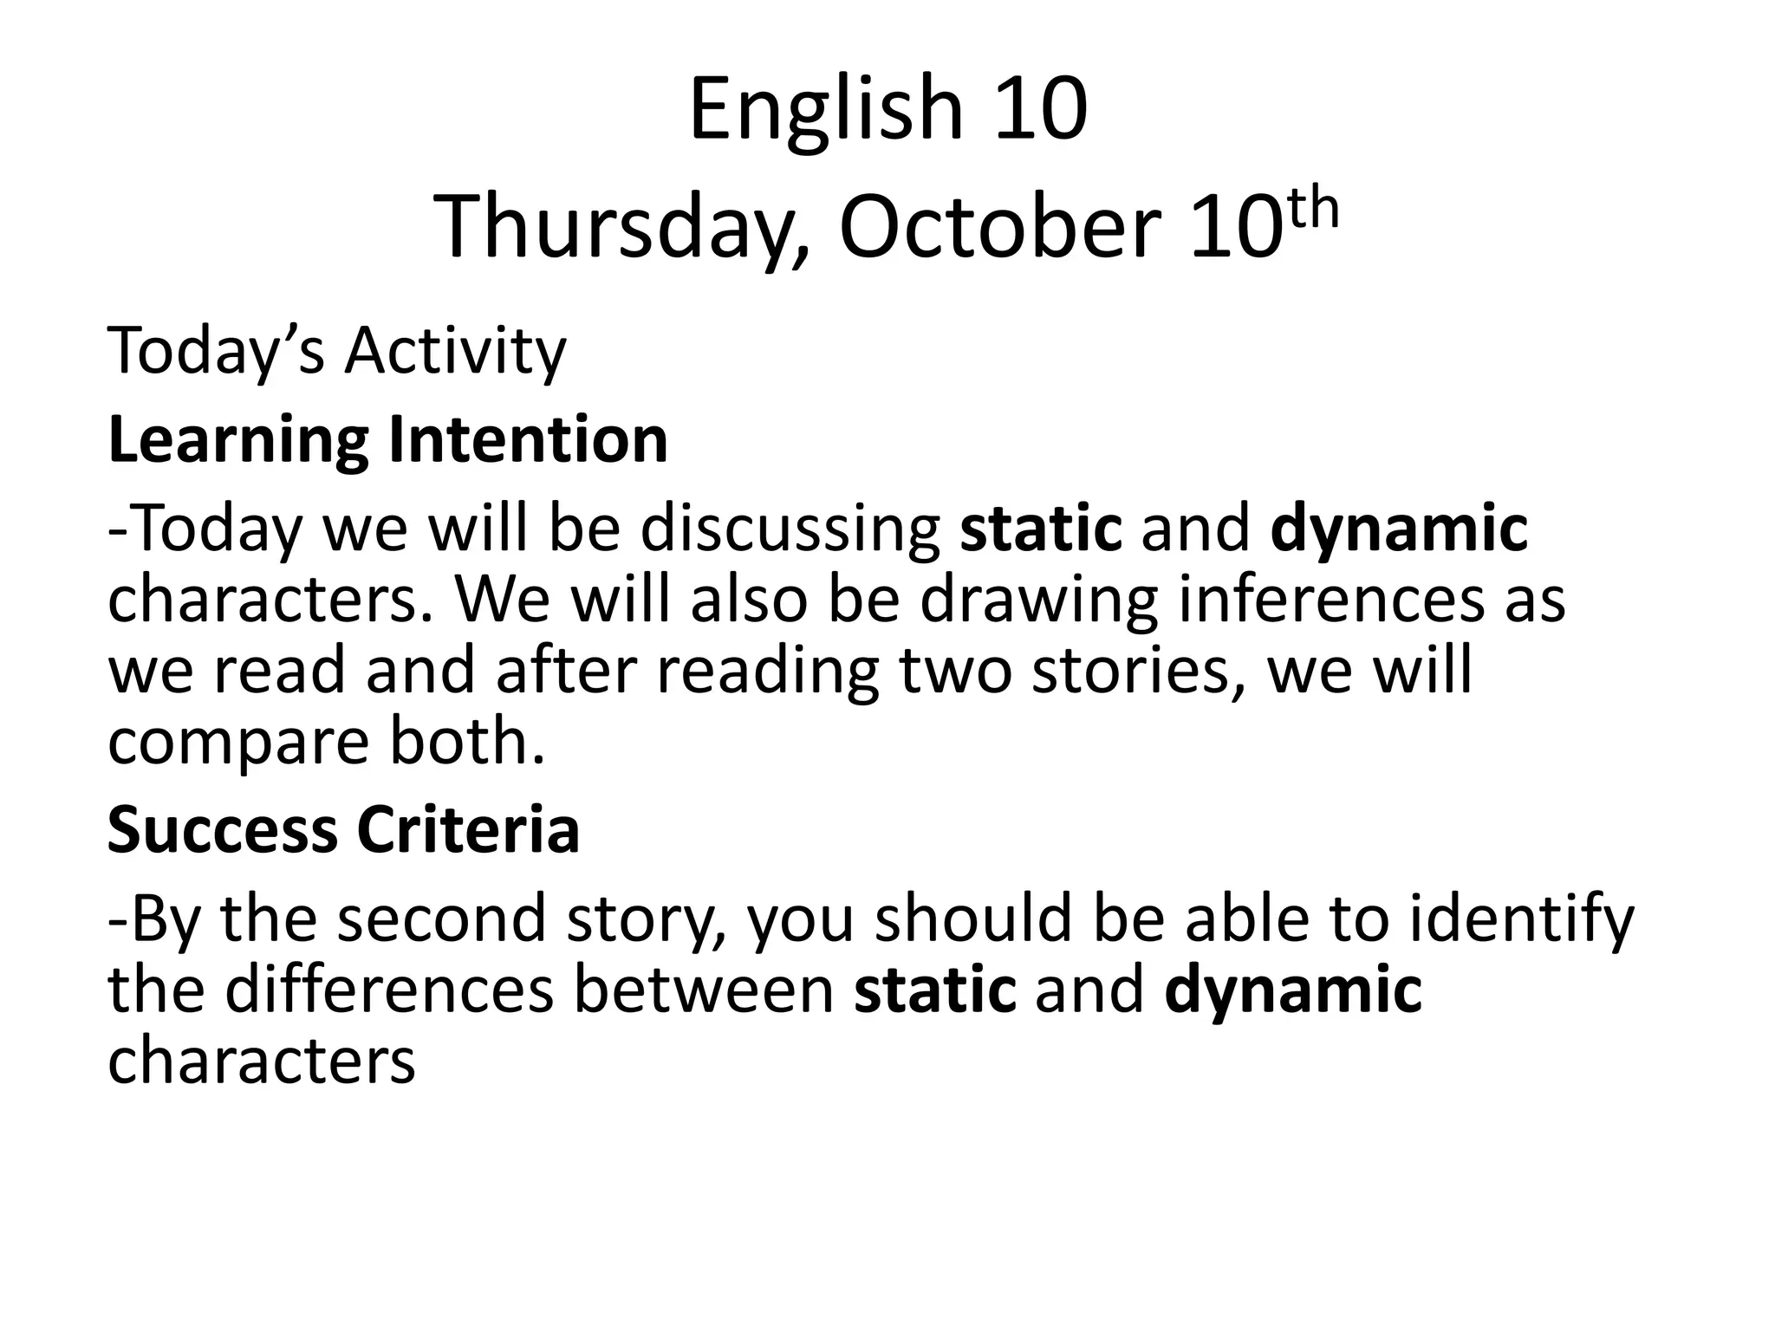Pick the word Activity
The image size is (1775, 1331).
[456, 353]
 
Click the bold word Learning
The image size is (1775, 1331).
[238, 442]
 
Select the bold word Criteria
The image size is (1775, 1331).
[468, 830]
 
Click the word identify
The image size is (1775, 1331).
[1522, 920]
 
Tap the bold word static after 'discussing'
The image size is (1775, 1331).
[1041, 530]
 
